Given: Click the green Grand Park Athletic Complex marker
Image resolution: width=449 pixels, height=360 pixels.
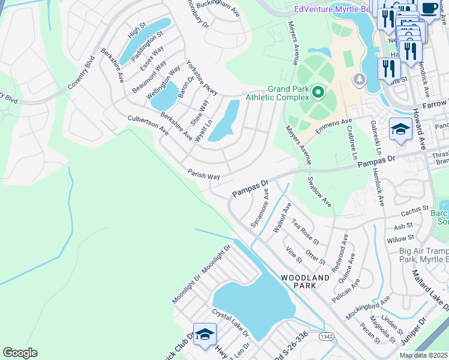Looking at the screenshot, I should point(316,92).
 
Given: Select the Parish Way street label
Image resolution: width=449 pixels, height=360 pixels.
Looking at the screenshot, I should point(203,173).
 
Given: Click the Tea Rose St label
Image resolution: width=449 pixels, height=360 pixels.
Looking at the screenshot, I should point(305,232).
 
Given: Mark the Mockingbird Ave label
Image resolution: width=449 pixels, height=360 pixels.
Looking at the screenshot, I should point(367,307).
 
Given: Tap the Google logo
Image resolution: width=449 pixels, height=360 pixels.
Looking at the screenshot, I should point(20,353).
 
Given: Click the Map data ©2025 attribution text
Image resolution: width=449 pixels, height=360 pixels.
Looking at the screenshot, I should point(423,355).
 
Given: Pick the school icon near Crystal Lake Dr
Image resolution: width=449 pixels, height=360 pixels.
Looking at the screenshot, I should point(205,335).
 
